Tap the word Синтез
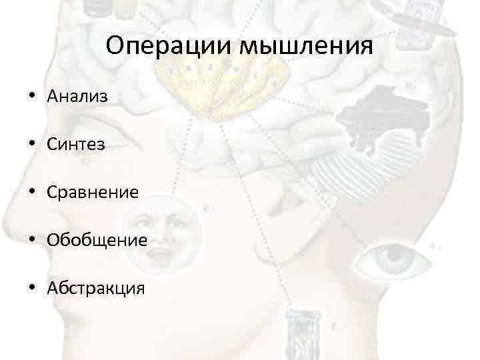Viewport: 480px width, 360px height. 76,144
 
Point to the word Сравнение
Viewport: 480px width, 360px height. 93,192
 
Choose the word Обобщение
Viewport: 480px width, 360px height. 97,240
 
